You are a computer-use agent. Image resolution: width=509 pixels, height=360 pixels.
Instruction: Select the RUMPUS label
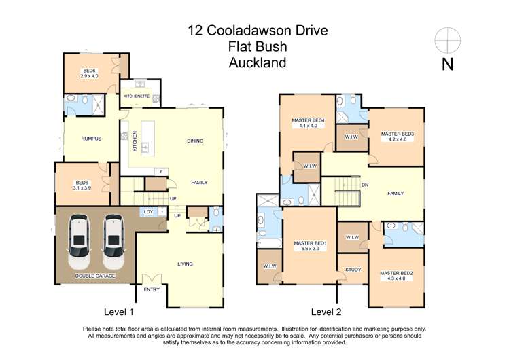90,139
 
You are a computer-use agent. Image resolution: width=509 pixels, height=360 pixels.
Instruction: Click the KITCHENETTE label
136,96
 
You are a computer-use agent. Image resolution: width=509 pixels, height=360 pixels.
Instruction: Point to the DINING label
196,141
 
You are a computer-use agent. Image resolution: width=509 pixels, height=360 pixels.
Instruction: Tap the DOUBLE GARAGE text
94,276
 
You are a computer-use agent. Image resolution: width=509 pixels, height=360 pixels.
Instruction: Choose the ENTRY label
152,290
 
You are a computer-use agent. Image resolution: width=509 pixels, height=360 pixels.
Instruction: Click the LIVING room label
185,264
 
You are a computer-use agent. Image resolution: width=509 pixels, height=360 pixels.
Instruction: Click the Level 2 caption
326,312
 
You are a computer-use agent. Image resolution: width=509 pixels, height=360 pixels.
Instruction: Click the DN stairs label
365,185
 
